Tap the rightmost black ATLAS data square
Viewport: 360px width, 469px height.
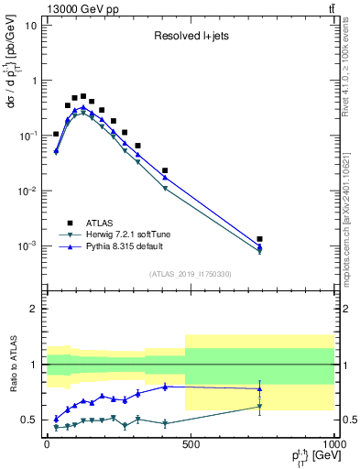tap(260, 239)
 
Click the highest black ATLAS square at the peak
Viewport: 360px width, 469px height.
tap(83, 96)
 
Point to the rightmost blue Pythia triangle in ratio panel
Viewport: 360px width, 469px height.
tap(260, 388)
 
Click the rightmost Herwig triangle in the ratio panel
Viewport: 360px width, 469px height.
tap(260, 407)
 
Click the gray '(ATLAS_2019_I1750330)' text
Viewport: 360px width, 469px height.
tap(190, 273)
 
